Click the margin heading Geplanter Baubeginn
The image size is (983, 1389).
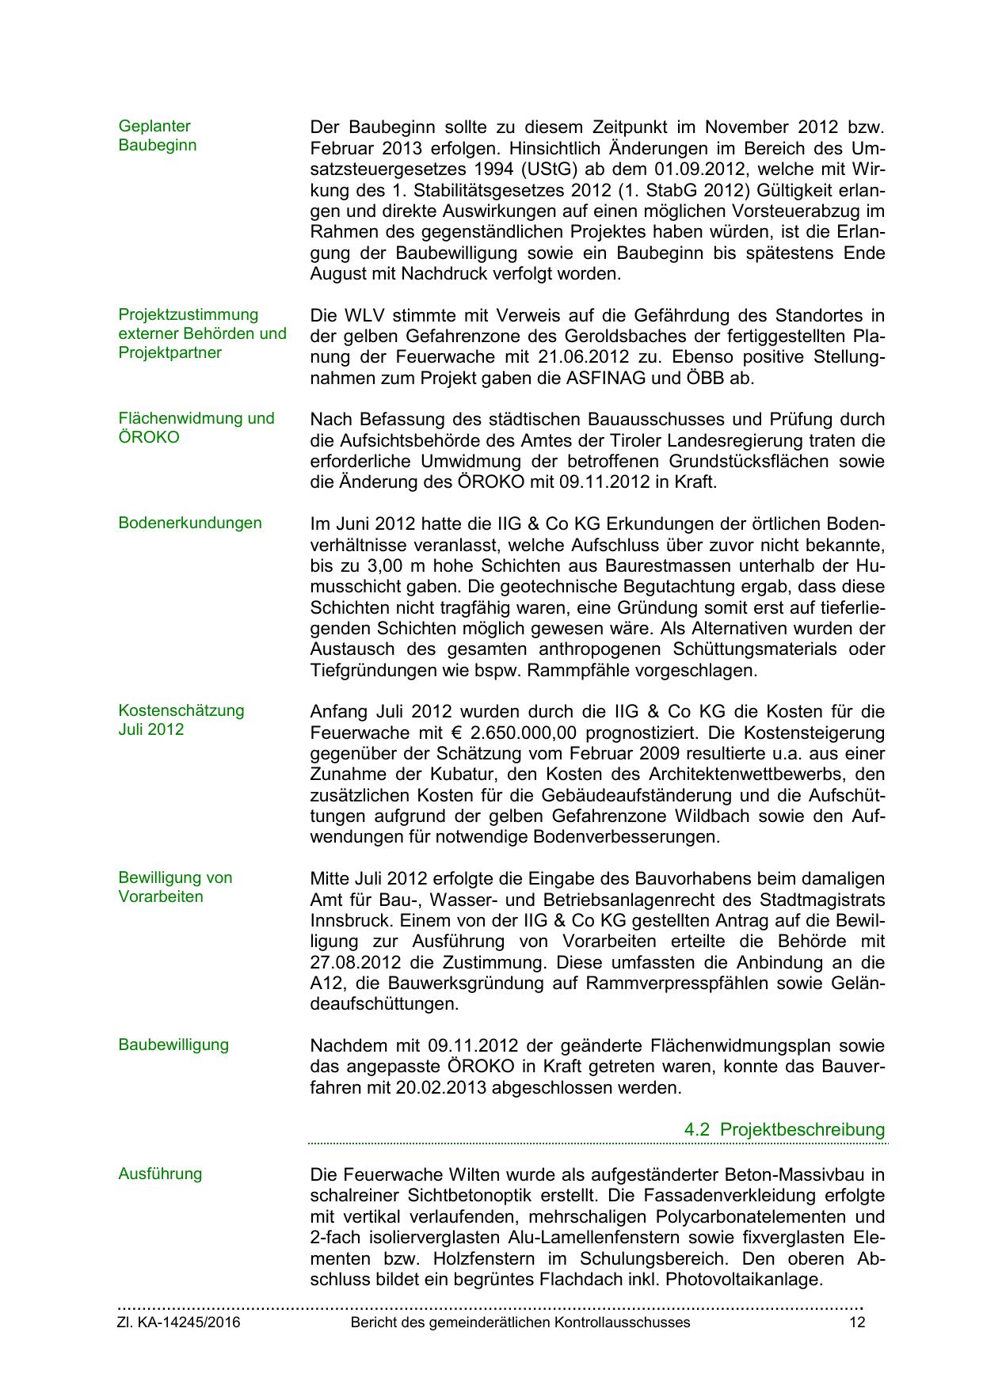tap(157, 135)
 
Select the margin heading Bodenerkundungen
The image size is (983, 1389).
tap(189, 523)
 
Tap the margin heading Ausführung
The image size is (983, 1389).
tap(159, 1174)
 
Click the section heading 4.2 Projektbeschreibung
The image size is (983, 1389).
tap(784, 1129)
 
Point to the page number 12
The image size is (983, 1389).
tap(857, 1322)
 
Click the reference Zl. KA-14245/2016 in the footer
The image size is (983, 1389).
tap(179, 1322)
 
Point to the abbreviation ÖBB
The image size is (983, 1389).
tap(707, 379)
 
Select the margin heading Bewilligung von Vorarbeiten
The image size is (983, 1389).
tap(175, 887)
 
